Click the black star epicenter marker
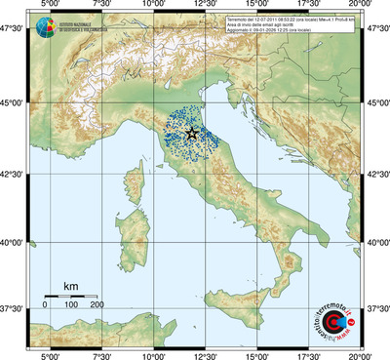192,133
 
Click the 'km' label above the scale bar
70,286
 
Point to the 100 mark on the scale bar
71,305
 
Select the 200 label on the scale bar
97,305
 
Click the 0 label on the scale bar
45,305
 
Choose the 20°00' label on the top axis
362,6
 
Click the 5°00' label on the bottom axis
47,355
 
